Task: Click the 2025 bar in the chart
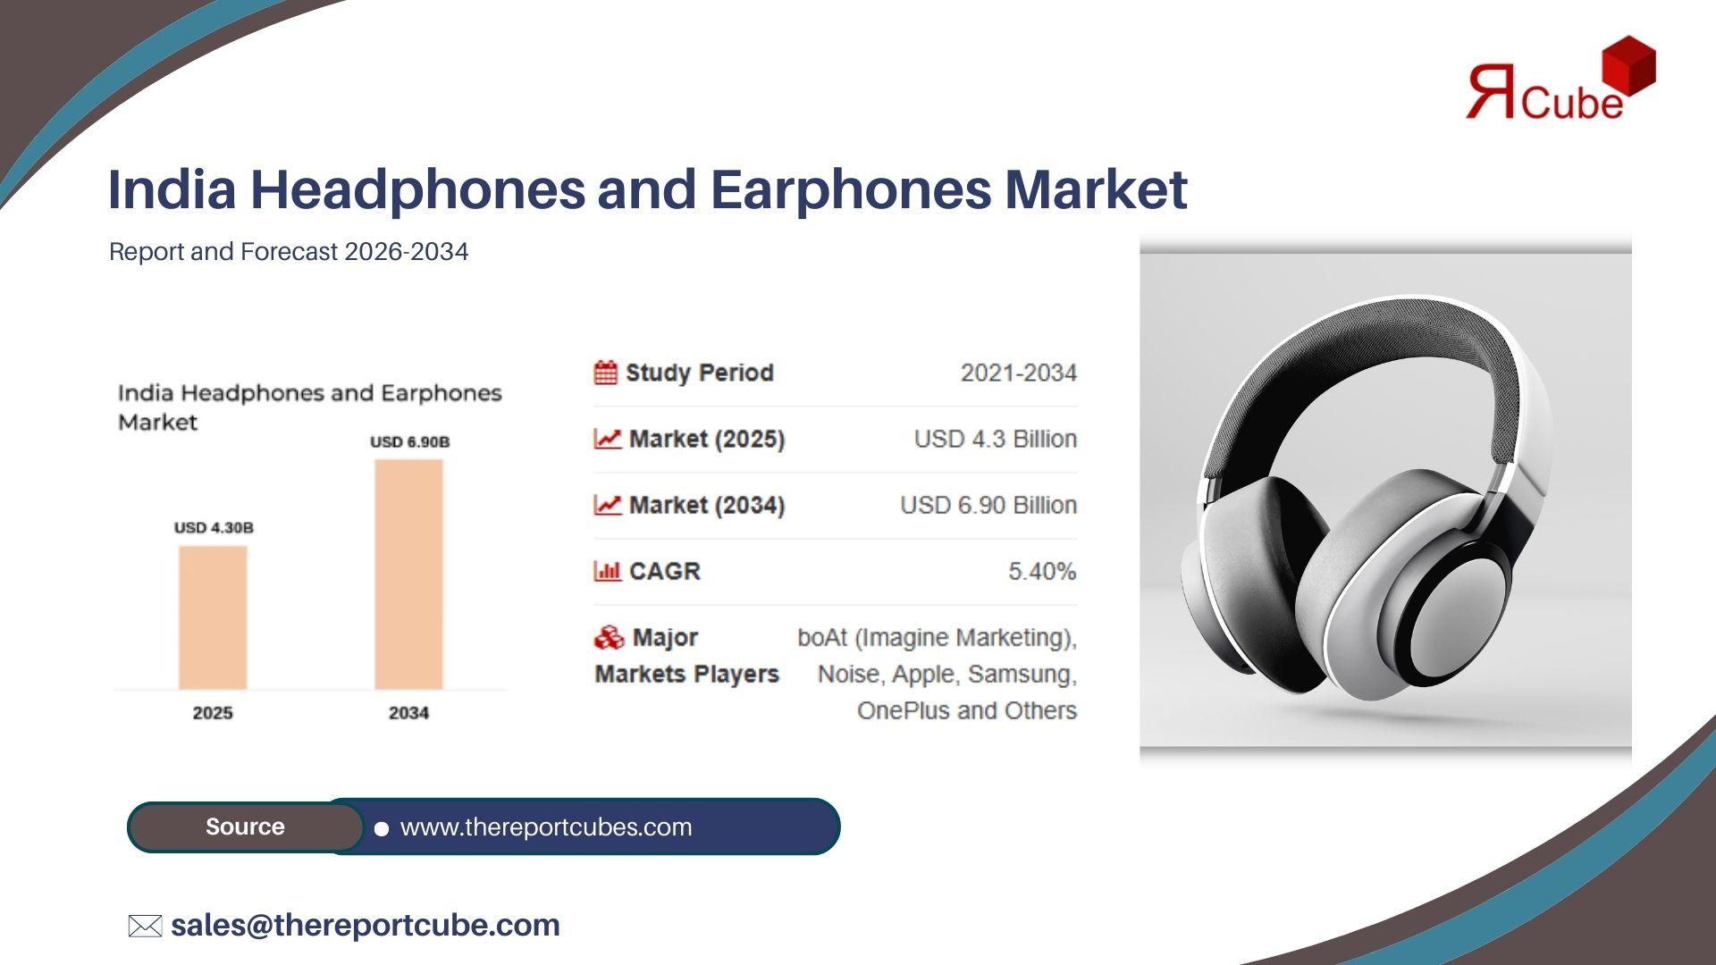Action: pyautogui.click(x=213, y=617)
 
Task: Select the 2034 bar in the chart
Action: pyautogui.click(x=408, y=575)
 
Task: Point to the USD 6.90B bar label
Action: pyautogui.click(x=410, y=441)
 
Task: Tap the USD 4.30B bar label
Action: pyautogui.click(x=214, y=527)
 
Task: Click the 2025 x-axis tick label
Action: pyautogui.click(x=213, y=713)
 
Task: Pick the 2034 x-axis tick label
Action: pyautogui.click(x=408, y=713)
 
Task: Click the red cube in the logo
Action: pyautogui.click(x=1629, y=64)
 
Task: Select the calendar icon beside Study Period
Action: pyautogui.click(x=605, y=373)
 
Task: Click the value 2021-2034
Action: pyautogui.click(x=1019, y=373)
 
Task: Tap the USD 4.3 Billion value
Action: pyautogui.click(x=996, y=439)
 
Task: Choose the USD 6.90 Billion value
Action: pyautogui.click(x=988, y=505)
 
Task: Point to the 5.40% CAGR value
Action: pyautogui.click(x=1042, y=571)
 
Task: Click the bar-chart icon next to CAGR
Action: pyautogui.click(x=607, y=571)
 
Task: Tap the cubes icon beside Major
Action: pyautogui.click(x=609, y=637)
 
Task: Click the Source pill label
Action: pyautogui.click(x=245, y=827)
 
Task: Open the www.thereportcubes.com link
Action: pyautogui.click(x=546, y=827)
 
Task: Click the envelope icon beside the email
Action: pyautogui.click(x=145, y=926)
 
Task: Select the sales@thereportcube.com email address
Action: pyautogui.click(x=366, y=925)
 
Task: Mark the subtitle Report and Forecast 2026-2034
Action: pyautogui.click(x=289, y=252)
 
